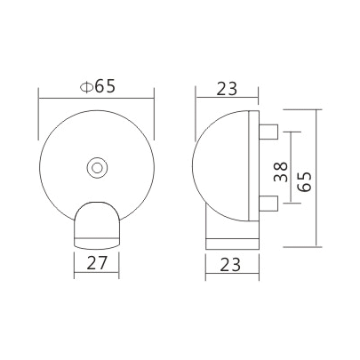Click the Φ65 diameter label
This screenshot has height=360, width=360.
[97, 87]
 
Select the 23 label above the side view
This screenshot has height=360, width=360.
[227, 87]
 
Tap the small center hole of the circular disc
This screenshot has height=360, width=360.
[96, 166]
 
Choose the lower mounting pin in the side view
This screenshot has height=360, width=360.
[268, 203]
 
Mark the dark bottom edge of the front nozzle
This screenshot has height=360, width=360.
[96, 241]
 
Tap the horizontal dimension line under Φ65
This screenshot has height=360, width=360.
[96, 100]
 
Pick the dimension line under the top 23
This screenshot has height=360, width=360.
[227, 100]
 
